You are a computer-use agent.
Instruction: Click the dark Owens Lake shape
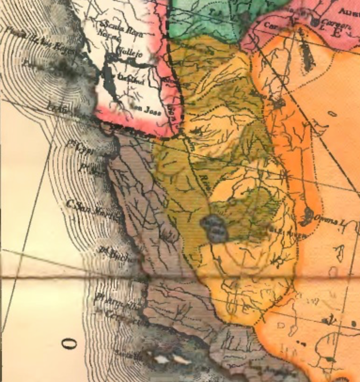pos(309,215)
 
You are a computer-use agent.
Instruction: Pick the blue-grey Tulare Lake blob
pos(214,229)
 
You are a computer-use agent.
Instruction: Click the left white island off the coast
pos(161,359)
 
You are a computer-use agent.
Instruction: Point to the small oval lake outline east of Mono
pos(332,113)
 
